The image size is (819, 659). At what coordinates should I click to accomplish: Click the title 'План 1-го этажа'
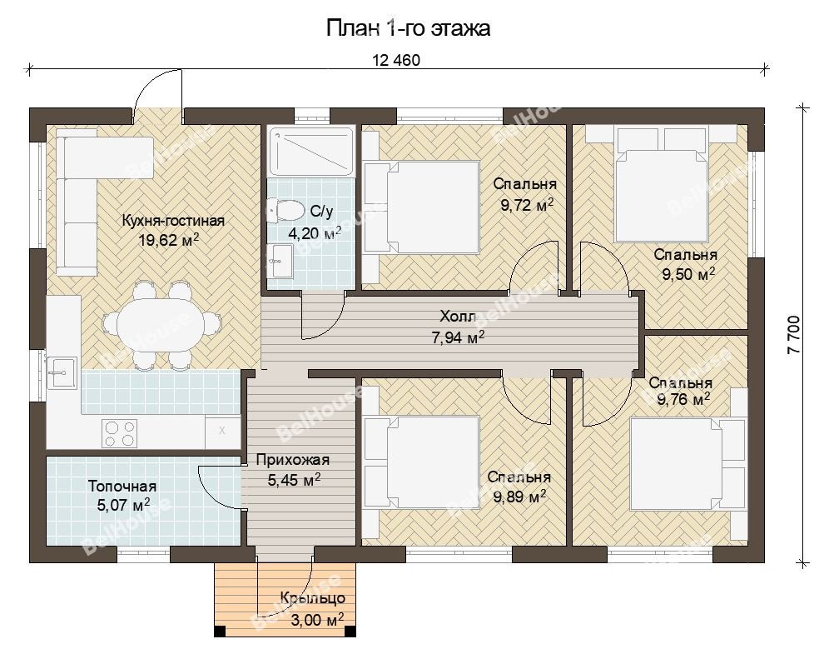point(409,28)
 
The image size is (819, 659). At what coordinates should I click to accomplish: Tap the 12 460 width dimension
point(396,60)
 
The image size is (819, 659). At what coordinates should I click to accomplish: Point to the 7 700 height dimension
point(793,335)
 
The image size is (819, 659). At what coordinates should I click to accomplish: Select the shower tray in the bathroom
point(312,151)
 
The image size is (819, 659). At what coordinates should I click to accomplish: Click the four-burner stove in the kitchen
point(119,433)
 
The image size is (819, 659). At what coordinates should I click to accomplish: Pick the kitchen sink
point(62,372)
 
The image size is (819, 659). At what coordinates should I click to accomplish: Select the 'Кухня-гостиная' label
point(173,221)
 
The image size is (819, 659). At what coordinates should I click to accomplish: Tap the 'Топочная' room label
point(122,487)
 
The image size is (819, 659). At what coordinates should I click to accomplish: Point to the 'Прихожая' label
point(293,460)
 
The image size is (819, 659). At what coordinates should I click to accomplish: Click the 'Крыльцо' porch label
point(312,597)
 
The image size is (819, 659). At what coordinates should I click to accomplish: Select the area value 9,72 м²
point(527,204)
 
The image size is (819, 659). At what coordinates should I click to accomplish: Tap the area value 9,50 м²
point(688,274)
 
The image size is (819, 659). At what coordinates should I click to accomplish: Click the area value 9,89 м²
point(519,497)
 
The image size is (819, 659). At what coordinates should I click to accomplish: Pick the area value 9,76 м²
point(683,400)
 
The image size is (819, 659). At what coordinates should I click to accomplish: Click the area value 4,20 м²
point(315,232)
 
